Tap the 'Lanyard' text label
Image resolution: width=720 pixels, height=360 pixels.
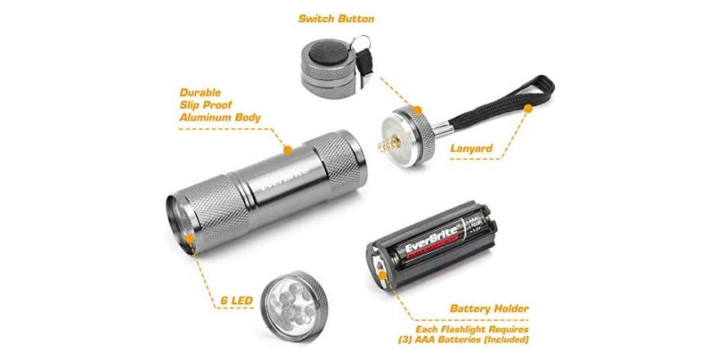click(471, 149)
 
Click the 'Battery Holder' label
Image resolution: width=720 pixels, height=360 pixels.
click(489, 309)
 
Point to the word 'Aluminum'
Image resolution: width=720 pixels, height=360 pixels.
click(205, 118)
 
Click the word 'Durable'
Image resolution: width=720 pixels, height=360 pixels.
click(202, 93)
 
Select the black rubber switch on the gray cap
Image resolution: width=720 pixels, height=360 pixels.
click(327, 58)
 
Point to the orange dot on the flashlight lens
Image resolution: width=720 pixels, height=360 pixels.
click(189, 239)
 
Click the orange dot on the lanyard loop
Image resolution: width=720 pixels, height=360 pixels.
click(528, 107)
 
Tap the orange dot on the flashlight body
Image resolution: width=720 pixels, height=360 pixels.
click(287, 149)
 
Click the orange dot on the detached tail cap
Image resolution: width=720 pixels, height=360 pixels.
click(416, 109)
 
